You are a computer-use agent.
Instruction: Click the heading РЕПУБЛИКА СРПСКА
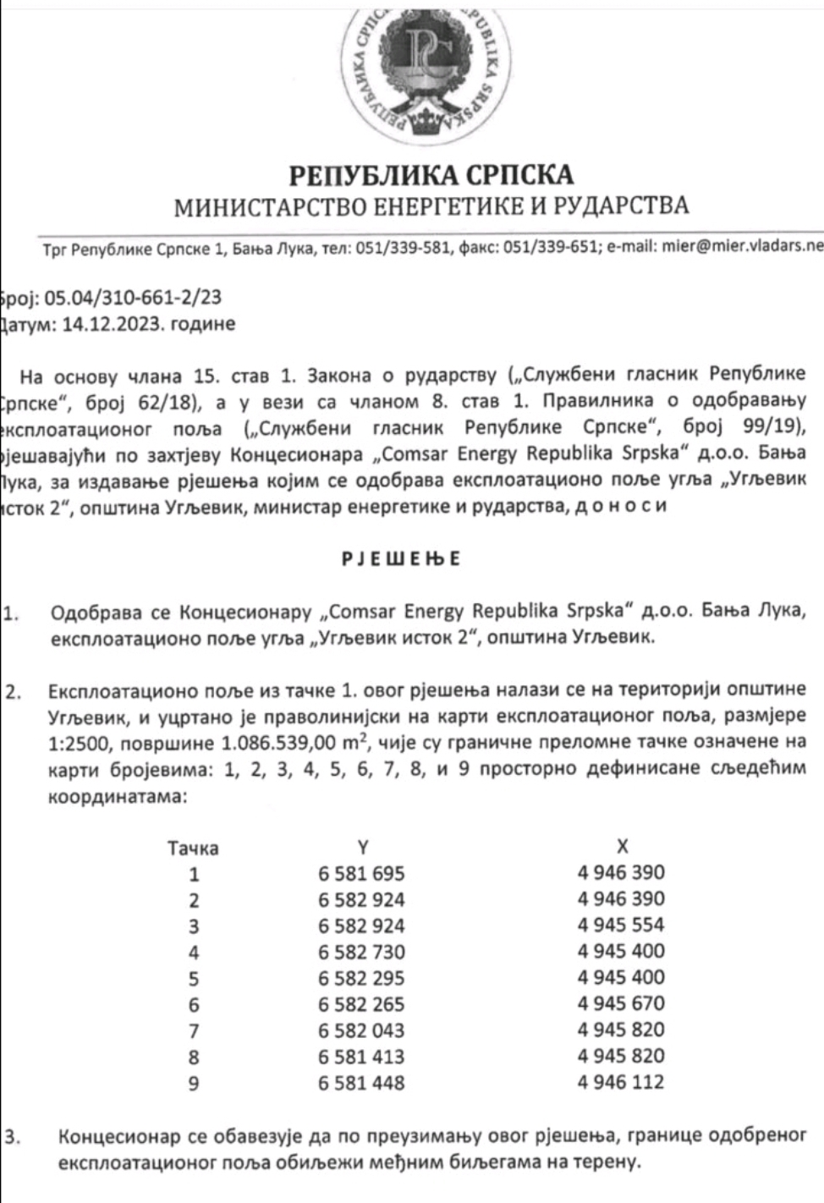[x=431, y=174]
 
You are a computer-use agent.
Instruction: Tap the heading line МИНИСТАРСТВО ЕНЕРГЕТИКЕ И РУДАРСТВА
[x=431, y=206]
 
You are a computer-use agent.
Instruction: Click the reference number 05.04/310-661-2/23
[x=134, y=297]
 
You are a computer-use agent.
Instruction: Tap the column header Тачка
[x=193, y=847]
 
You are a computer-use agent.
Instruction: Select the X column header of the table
[x=623, y=846]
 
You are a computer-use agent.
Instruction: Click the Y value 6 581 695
[x=362, y=873]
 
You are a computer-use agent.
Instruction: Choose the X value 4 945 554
[x=621, y=925]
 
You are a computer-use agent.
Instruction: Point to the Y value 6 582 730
[x=362, y=952]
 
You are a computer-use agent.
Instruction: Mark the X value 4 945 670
[x=621, y=1003]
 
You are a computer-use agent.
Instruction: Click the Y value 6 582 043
[x=362, y=1030]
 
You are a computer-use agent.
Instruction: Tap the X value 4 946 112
[x=621, y=1082]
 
